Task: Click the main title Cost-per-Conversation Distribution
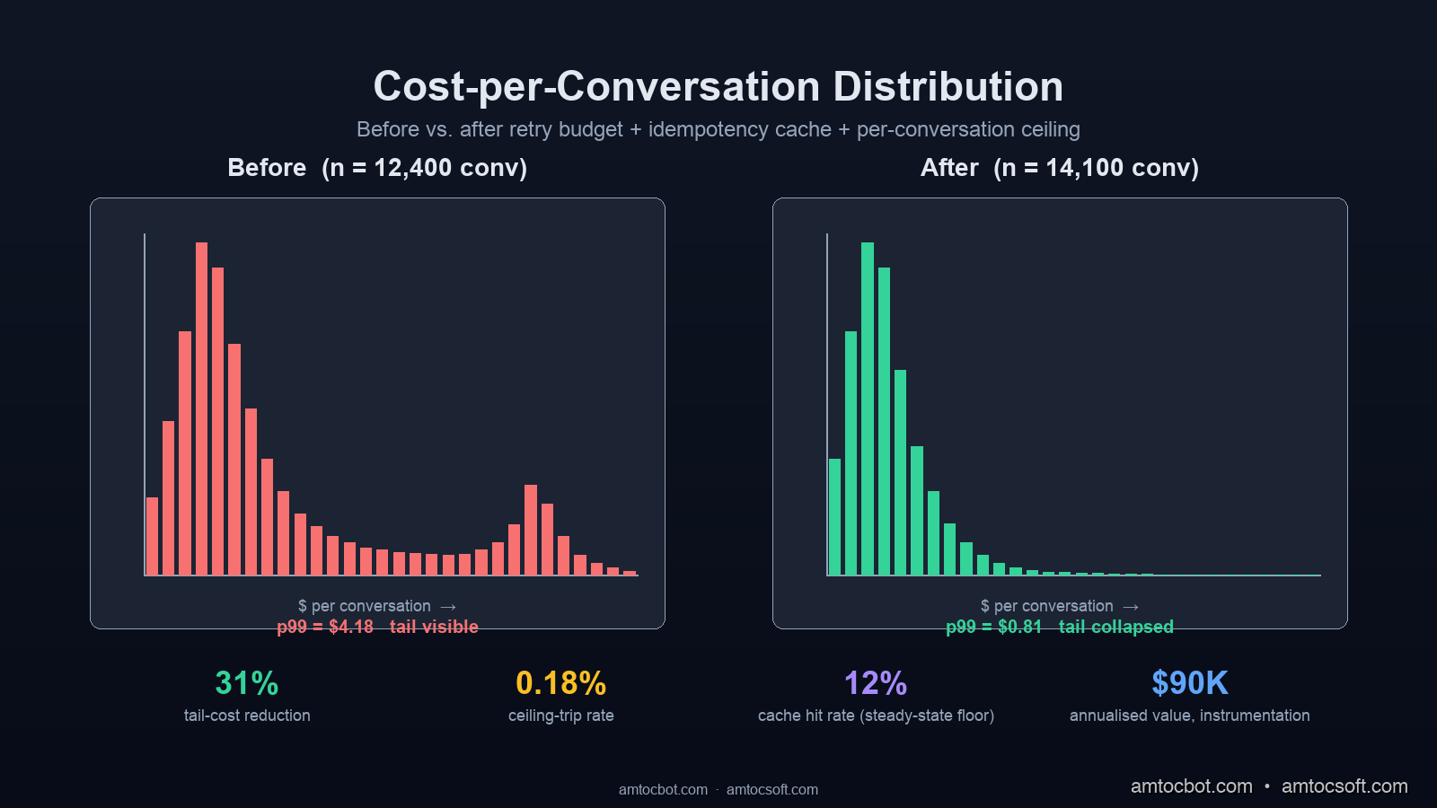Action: (718, 87)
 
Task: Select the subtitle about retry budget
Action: (718, 129)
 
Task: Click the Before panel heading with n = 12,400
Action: (377, 168)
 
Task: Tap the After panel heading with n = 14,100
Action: (1060, 168)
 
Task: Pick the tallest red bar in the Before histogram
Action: (201, 408)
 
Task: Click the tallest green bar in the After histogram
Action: (867, 408)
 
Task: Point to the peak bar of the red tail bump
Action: (531, 530)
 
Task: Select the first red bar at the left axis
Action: (152, 536)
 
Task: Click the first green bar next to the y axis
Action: (834, 516)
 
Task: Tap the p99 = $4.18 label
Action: (325, 627)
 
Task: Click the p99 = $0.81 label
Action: (994, 627)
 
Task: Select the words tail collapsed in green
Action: (1115, 627)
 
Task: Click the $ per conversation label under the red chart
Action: (365, 606)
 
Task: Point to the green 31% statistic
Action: (247, 683)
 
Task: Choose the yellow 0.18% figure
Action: (561, 683)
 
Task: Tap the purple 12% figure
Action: (876, 683)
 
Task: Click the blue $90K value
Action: (1190, 683)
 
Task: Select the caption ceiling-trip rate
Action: (561, 716)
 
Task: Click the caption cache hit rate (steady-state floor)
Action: (876, 716)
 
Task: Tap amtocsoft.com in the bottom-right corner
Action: (1344, 786)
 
